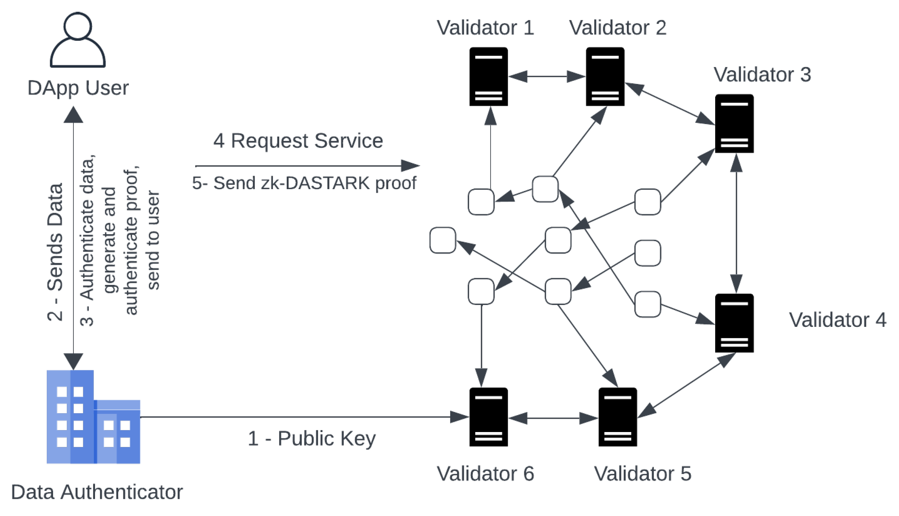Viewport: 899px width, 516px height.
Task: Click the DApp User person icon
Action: click(x=77, y=40)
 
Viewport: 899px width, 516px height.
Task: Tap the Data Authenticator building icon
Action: click(x=93, y=417)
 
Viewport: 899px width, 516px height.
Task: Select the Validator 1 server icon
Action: click(x=488, y=77)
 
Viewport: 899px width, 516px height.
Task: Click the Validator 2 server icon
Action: click(x=605, y=77)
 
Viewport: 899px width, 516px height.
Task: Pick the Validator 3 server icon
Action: click(x=734, y=124)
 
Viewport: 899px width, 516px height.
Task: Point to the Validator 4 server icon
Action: click(x=734, y=323)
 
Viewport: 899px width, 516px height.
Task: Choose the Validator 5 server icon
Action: click(x=617, y=417)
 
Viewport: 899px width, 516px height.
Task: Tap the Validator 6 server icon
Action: click(x=488, y=417)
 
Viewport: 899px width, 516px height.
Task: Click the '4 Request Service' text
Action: click(x=298, y=141)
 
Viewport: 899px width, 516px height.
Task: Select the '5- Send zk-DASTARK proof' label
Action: click(x=304, y=183)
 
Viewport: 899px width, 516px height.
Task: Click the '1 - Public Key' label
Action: click(x=311, y=438)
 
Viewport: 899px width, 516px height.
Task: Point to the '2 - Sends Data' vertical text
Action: click(x=55, y=252)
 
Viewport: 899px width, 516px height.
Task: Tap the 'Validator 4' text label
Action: click(x=837, y=320)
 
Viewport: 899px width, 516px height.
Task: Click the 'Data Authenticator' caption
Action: click(x=97, y=492)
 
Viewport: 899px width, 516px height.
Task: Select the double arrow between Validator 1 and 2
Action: click(x=546, y=77)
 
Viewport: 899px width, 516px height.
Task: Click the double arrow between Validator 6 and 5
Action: click(x=553, y=418)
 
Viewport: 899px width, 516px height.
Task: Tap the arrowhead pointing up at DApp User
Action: click(x=73, y=115)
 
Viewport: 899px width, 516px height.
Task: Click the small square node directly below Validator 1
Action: click(x=481, y=202)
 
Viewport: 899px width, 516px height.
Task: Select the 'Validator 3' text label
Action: click(x=762, y=75)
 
